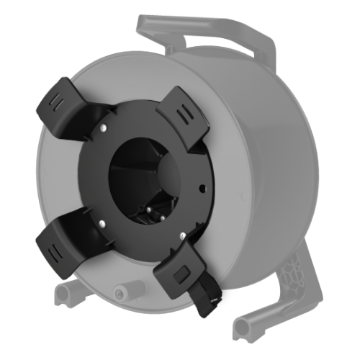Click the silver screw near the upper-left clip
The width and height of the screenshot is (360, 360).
(x=105, y=130)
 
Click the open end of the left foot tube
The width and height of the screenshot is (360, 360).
(x=59, y=293)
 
